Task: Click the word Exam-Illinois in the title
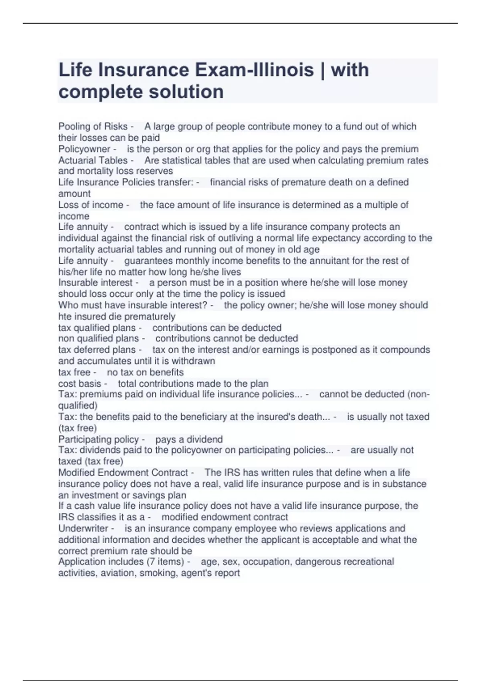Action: pyautogui.click(x=255, y=70)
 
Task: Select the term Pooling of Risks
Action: pyautogui.click(x=93, y=127)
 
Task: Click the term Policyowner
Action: pyautogui.click(x=84, y=149)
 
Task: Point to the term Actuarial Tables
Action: pyautogui.click(x=93, y=160)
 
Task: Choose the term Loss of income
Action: pyautogui.click(x=91, y=205)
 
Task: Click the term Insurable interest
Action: pyautogui.click(x=95, y=282)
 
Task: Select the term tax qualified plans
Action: pyautogui.click(x=97, y=328)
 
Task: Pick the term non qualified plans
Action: pyautogui.click(x=99, y=338)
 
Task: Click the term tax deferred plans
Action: pyautogui.click(x=97, y=350)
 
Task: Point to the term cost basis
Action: pyautogui.click(x=80, y=383)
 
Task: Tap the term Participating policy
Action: pyautogui.click(x=99, y=439)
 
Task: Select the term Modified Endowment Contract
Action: pyautogui.click(x=123, y=473)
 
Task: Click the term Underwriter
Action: pyautogui.click(x=83, y=528)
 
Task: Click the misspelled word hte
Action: pyautogui.click(x=65, y=316)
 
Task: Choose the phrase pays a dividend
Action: pyautogui.click(x=189, y=439)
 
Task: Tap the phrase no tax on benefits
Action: pyautogui.click(x=145, y=372)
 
